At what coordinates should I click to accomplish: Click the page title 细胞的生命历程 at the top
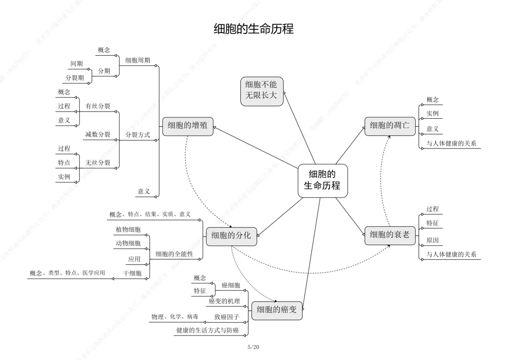tap(254, 29)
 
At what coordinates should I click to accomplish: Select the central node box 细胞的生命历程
tap(322, 180)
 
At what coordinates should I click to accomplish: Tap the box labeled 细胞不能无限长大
tap(262, 90)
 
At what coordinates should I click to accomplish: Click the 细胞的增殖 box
tap(188, 125)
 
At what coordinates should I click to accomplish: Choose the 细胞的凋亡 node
tap(389, 125)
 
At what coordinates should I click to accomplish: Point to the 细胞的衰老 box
tap(389, 235)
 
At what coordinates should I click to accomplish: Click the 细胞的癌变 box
tap(277, 310)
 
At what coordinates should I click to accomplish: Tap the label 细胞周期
tap(138, 60)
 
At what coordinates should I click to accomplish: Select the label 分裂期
tap(75, 78)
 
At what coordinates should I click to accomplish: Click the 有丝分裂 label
tap(98, 106)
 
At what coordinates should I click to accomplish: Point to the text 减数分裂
tap(98, 135)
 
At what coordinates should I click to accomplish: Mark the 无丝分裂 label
tap(98, 163)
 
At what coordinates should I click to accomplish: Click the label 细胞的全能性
tap(174, 254)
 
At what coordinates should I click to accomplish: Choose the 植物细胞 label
tap(128, 229)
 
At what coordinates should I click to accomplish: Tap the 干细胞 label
tap(132, 273)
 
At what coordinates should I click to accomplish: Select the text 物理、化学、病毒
tap(174, 317)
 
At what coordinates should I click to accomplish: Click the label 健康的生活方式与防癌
tap(207, 331)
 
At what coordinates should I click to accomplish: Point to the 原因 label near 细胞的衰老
tap(433, 240)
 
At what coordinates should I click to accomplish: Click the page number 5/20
tap(254, 347)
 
